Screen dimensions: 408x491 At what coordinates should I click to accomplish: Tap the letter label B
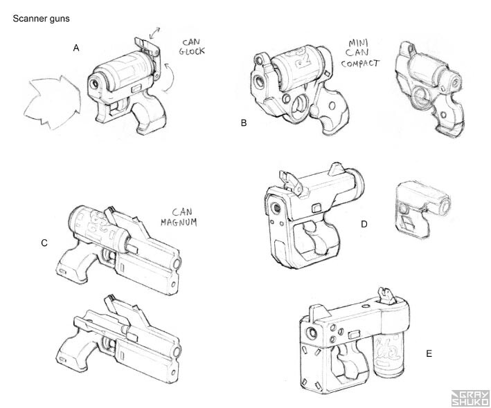click(x=244, y=123)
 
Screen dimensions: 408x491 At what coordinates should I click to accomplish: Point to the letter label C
click(x=44, y=243)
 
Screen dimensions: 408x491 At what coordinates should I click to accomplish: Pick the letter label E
click(x=429, y=353)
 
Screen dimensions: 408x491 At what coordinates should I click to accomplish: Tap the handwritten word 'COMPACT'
click(x=361, y=64)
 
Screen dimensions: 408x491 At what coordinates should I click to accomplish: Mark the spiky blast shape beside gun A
click(x=51, y=102)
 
